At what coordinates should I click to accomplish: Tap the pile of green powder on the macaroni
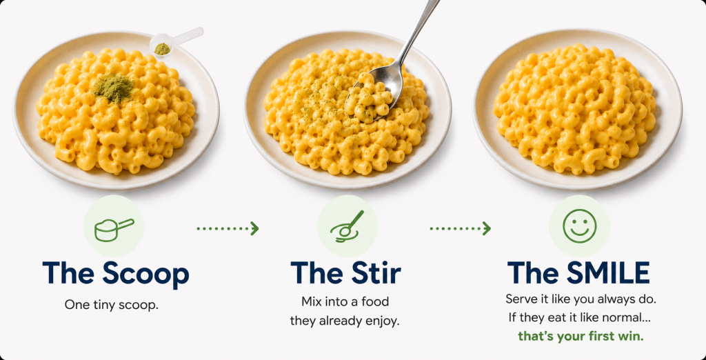tap(114, 88)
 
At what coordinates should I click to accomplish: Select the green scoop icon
tap(114, 230)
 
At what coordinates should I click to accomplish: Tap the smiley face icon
tap(579, 226)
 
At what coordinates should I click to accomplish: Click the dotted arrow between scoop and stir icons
tap(228, 228)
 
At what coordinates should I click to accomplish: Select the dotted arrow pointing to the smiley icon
tap(460, 228)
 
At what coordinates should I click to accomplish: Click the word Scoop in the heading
tap(145, 274)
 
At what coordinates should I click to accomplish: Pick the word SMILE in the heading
tap(608, 272)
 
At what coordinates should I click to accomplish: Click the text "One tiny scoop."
tap(112, 305)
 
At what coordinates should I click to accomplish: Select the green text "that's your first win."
tap(581, 336)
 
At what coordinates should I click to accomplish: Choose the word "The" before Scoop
tap(68, 272)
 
